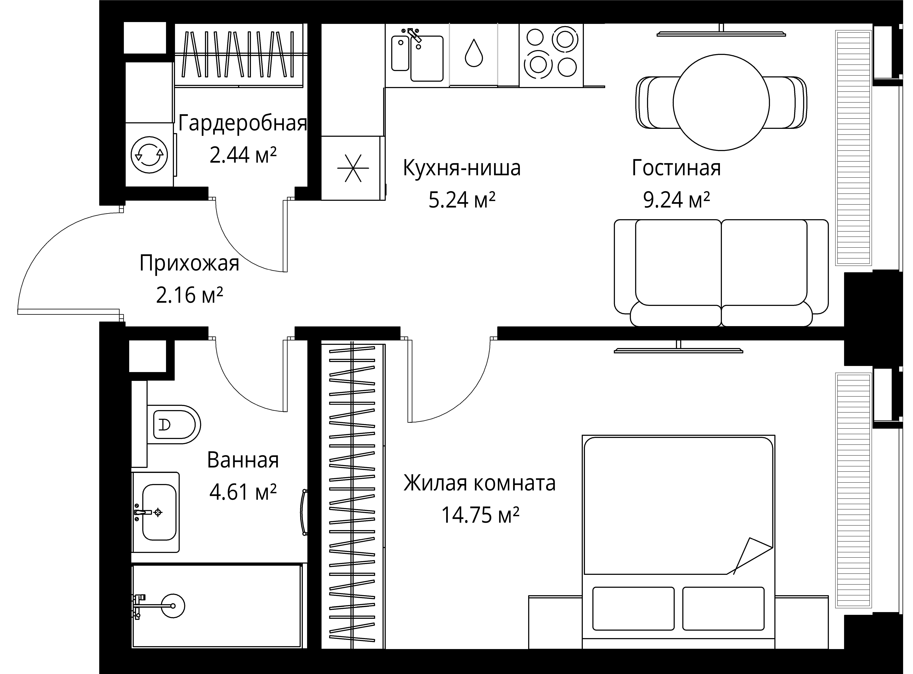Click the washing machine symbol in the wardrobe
(x=149, y=155)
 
